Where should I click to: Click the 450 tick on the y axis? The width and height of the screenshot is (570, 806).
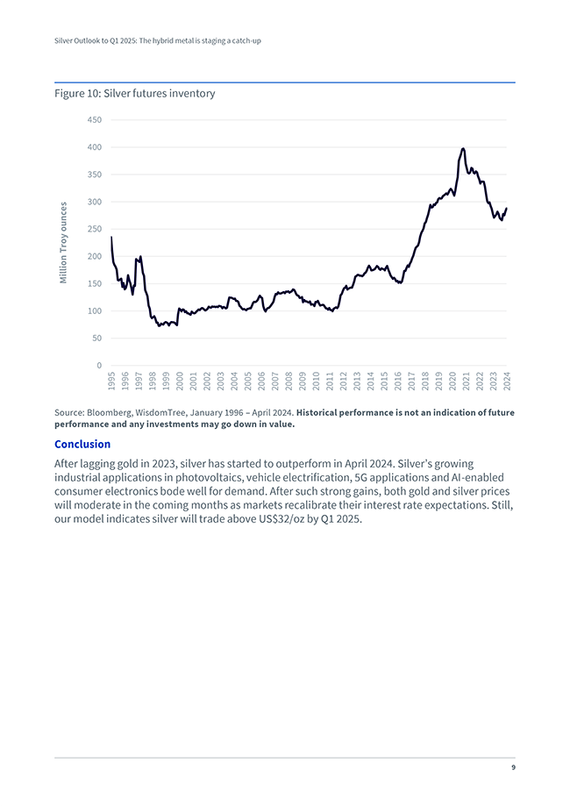pos(94,120)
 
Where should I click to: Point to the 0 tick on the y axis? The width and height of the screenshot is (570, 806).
pos(98,366)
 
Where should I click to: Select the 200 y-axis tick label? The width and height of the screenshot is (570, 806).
pos(94,257)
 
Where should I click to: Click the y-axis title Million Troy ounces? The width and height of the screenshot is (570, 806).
pos(63,243)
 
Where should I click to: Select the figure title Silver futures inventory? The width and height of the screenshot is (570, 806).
pos(135,93)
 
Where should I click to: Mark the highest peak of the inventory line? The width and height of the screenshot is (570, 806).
pos(463,148)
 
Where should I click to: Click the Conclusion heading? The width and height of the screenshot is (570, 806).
pos(82,444)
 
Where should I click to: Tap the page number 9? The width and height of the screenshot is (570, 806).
pos(513,768)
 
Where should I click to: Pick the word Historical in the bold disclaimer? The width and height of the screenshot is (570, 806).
pos(322,412)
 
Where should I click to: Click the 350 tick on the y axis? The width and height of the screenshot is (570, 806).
pos(94,175)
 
